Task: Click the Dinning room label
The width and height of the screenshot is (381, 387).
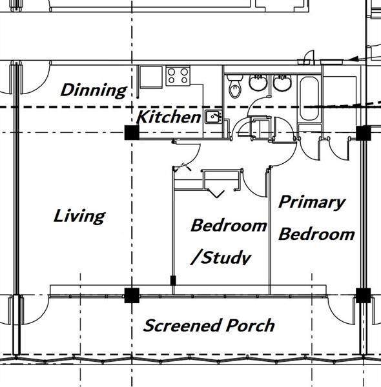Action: pos(94,90)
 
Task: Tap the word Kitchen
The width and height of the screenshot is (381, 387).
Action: pos(169,117)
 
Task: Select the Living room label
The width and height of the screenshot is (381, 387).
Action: pos(79,216)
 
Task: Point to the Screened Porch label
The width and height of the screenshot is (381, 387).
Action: pos(209,325)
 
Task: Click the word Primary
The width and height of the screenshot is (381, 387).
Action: pos(311,203)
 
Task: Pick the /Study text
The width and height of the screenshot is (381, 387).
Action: pos(221,258)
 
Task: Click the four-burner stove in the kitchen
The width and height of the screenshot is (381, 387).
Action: pos(178,76)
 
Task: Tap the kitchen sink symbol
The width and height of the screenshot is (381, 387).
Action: pos(214,117)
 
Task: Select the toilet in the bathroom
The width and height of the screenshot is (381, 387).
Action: pos(234,86)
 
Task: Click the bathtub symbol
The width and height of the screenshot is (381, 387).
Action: pos(309,99)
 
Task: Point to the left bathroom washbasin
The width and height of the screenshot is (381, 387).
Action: pos(258,83)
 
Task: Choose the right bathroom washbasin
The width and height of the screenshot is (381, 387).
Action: pos(282,83)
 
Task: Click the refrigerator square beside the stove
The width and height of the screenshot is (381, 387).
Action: pos(151,77)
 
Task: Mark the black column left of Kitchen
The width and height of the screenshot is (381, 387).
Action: pos(132,132)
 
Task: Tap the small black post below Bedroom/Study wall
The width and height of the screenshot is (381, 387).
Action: pos(173,281)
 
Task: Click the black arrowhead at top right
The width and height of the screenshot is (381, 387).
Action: pos(354,59)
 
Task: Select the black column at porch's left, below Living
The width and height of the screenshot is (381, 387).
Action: pos(132,295)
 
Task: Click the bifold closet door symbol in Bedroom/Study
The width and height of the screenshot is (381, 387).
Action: pos(216,193)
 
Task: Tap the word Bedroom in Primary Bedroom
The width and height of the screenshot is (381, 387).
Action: pos(316,234)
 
